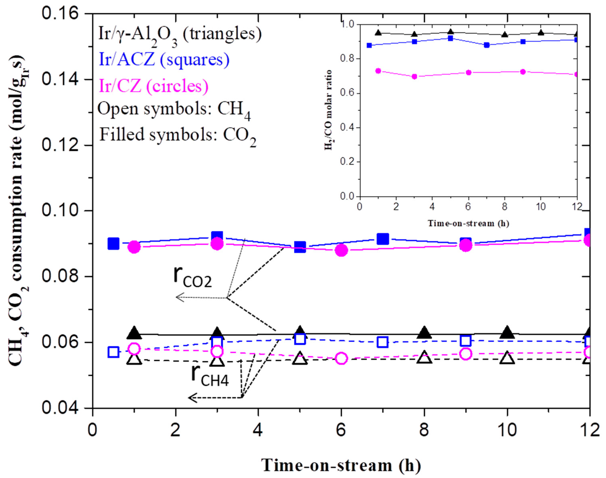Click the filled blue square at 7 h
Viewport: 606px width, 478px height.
click(383, 239)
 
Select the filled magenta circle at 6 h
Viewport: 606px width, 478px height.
click(341, 250)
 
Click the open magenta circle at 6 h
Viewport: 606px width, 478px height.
click(341, 358)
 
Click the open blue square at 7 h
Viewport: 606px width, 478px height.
click(383, 342)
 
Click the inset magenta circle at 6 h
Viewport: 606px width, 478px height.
click(469, 73)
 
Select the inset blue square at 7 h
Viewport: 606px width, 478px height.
click(487, 45)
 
